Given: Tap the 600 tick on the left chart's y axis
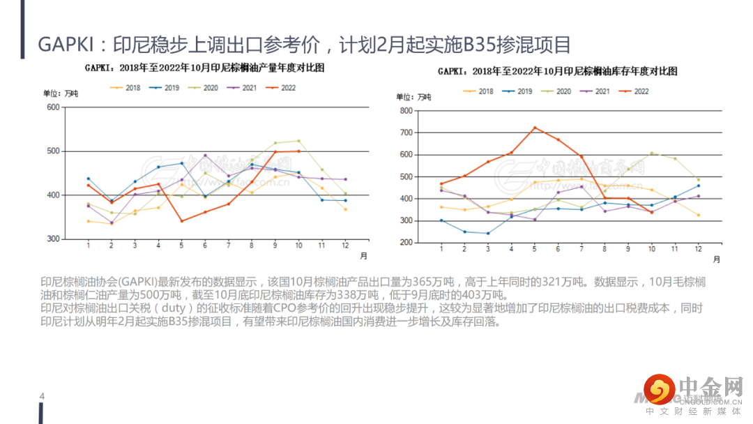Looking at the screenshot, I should coord(53,107).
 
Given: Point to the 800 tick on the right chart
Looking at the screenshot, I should coord(406,110).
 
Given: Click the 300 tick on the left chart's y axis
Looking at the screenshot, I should coord(53,239).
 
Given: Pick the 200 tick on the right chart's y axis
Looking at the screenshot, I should coord(406,243).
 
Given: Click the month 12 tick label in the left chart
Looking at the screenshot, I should coord(344,246).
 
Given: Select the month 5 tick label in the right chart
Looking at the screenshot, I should coord(534,250).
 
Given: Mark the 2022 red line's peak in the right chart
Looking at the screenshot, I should coord(534,128).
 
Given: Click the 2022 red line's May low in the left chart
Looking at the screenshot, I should coord(181,221).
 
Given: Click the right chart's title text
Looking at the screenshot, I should coord(557,72).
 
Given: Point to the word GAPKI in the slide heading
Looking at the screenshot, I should coord(63,45).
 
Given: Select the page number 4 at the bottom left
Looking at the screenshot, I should coord(42,397).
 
